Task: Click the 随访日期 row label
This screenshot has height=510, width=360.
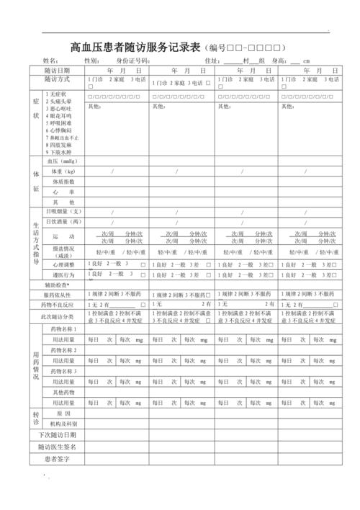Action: [x=57, y=71]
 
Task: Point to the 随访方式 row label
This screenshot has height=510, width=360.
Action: [x=57, y=81]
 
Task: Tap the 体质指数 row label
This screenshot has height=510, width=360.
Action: [x=63, y=182]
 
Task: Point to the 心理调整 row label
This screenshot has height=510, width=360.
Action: [x=63, y=265]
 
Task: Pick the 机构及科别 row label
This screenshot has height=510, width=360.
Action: [x=63, y=424]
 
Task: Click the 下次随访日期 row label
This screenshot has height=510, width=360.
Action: [x=57, y=436]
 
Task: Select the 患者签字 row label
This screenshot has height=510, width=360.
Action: [x=57, y=458]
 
